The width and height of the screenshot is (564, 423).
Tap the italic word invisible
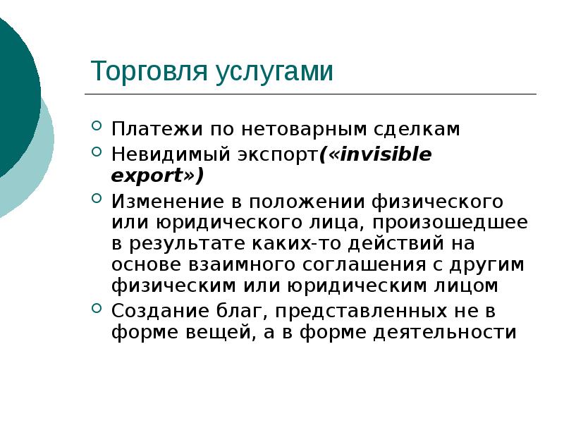tap(386, 154)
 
